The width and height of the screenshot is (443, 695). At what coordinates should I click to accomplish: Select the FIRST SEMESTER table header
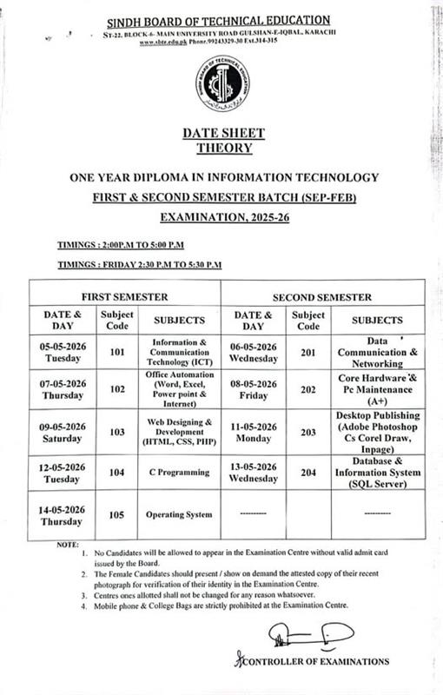[125, 295]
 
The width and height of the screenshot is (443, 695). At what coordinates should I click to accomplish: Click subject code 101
[118, 352]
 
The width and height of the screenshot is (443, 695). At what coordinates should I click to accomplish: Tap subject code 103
[118, 432]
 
